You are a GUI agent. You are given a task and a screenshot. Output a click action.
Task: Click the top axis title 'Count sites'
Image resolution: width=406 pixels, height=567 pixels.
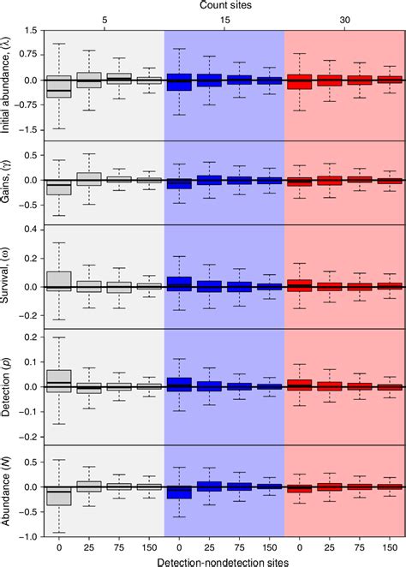(x=224, y=5)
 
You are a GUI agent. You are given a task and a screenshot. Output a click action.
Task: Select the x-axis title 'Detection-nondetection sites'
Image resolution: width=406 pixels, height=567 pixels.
(x=224, y=559)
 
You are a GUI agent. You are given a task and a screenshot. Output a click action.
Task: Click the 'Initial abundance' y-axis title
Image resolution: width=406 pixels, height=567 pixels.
(x=9, y=82)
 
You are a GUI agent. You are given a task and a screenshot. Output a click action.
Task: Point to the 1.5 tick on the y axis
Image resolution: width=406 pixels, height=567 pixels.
(x=28, y=31)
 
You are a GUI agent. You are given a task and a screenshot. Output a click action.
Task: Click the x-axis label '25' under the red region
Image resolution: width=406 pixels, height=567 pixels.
(x=329, y=545)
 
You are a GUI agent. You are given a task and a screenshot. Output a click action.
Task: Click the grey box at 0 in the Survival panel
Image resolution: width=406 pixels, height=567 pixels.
(x=59, y=281)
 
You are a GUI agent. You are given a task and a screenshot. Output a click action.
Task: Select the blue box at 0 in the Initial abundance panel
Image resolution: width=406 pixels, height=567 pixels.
(x=179, y=82)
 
